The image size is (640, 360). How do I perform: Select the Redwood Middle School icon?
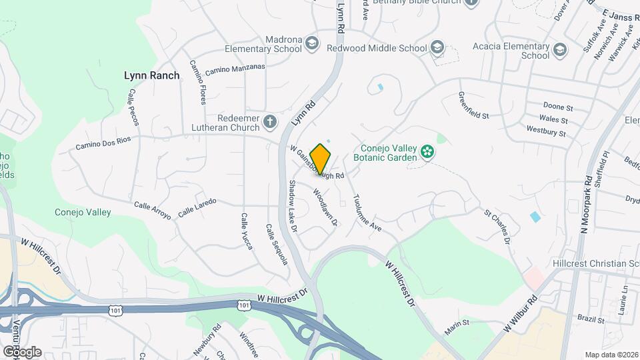click(x=437, y=48)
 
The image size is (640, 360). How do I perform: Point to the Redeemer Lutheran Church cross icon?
click(x=269, y=121)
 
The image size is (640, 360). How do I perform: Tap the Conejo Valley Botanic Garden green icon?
click(x=427, y=153)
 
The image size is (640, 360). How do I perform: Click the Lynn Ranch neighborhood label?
click(x=152, y=75)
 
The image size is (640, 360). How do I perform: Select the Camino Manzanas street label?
click(x=235, y=69)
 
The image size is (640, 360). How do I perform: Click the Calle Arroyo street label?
click(x=153, y=210)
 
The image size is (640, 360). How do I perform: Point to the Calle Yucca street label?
click(x=246, y=232)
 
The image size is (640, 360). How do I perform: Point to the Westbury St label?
click(x=546, y=131)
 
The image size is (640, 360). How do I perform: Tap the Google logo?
click(x=21, y=351)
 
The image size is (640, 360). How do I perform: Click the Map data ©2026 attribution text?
click(x=611, y=355)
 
